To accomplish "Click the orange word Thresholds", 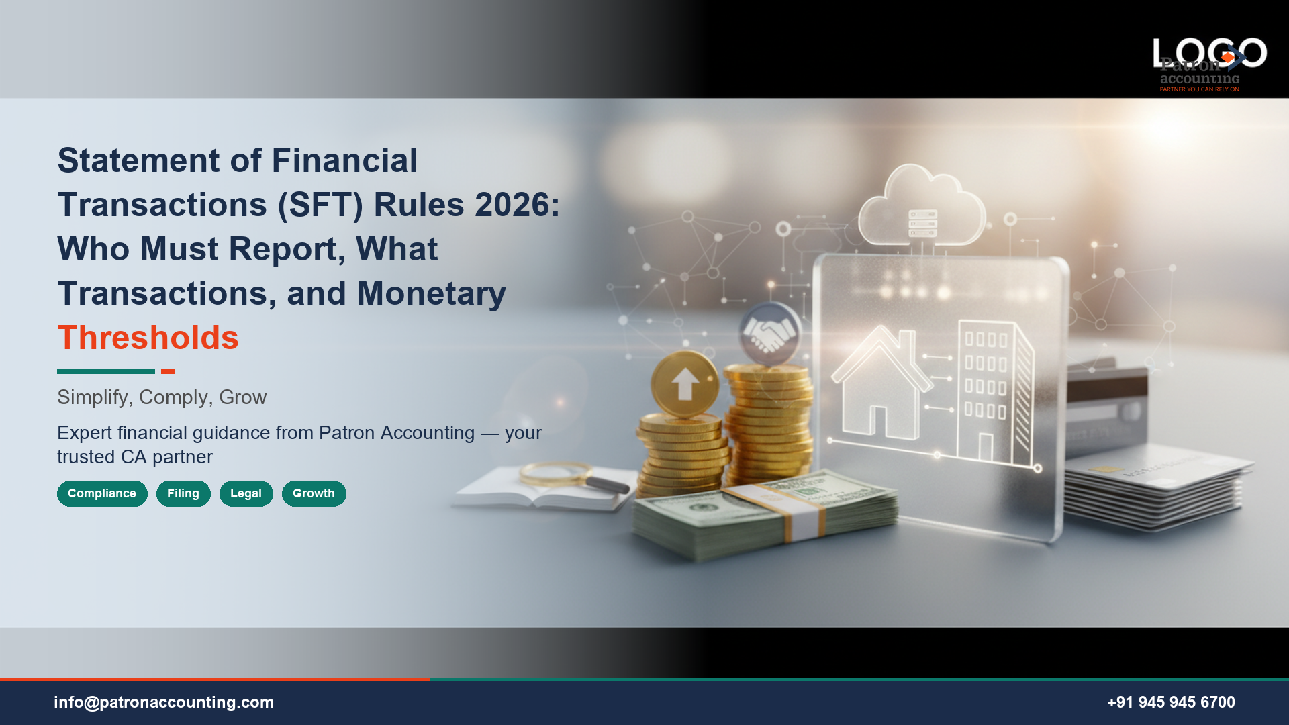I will tap(148, 338).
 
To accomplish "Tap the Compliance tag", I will tap(102, 493).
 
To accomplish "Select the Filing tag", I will tap(183, 493).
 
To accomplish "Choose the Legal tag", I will tap(246, 493).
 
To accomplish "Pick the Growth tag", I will tap(314, 493).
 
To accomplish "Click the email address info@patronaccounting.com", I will tap(164, 702).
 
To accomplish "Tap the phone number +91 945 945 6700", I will tap(1170, 702).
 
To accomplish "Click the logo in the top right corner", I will tap(1208, 64).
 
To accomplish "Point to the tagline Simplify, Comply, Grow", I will tap(162, 397).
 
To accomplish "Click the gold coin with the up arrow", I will tap(685, 384).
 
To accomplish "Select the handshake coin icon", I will tap(769, 334).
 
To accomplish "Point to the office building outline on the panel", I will tap(994, 393).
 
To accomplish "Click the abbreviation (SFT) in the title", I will tap(320, 205).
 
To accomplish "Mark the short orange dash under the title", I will tap(168, 371).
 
